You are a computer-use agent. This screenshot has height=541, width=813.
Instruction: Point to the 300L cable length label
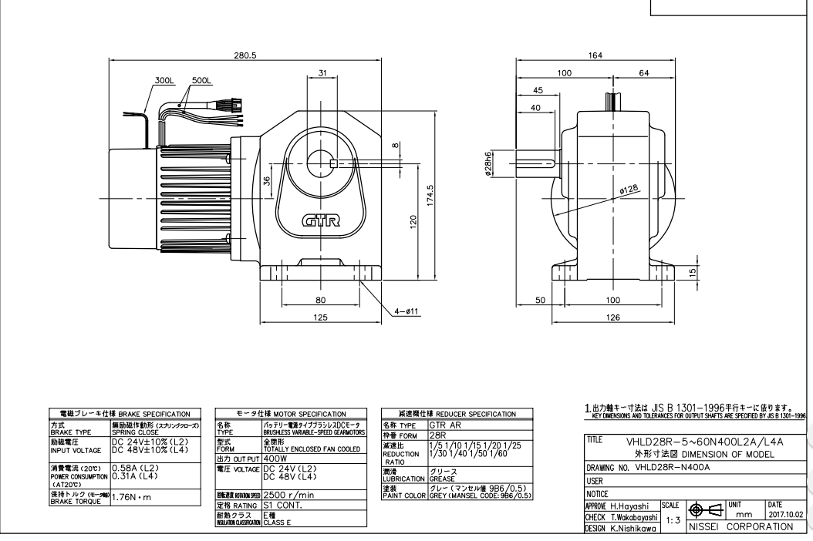pos(164,80)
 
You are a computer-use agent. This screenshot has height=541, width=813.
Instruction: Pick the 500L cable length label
pos(202,80)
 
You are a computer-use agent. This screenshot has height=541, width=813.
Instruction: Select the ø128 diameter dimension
pos(630,187)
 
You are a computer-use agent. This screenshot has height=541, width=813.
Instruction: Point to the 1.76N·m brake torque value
pos(136,497)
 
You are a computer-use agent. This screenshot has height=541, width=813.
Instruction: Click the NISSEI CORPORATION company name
pos(746,526)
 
